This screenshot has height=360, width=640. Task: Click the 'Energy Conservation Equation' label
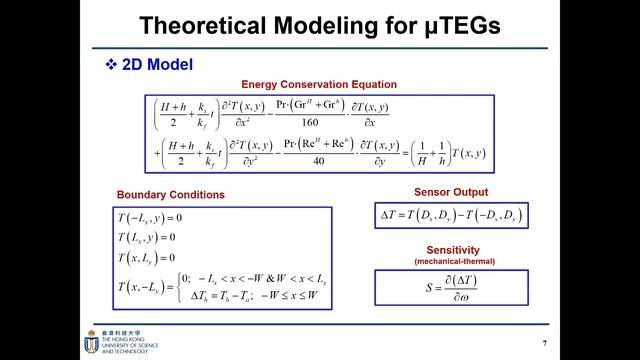click(319, 84)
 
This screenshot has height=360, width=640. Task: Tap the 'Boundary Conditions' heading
click(171, 194)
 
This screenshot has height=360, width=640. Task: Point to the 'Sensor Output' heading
click(450, 191)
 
